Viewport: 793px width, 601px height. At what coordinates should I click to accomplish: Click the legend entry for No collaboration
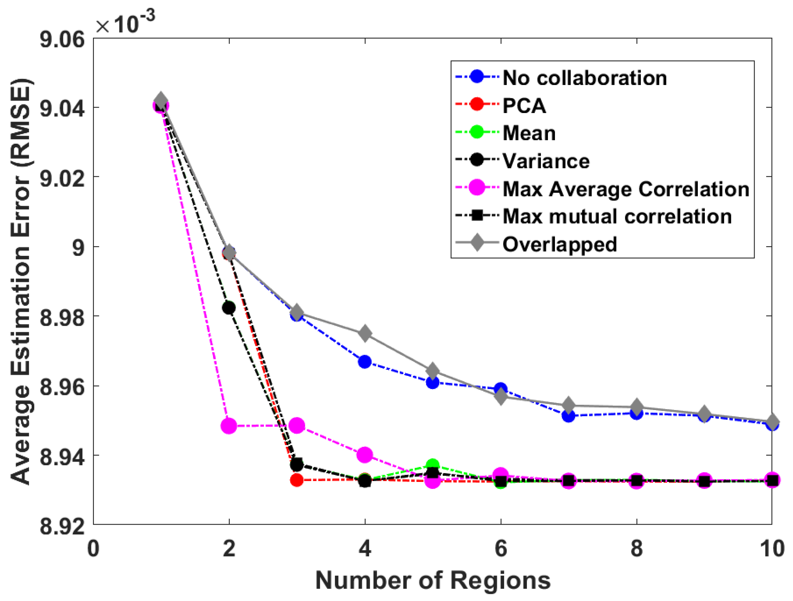click(584, 78)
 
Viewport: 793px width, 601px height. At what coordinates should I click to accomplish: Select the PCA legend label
click(524, 106)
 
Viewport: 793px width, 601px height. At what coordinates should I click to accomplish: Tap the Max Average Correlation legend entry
click(626, 189)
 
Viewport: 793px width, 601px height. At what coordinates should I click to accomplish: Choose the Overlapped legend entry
click(559, 244)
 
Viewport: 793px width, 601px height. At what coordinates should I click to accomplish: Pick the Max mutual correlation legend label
click(617, 217)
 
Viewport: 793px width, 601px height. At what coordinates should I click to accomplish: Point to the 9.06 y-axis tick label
click(62, 39)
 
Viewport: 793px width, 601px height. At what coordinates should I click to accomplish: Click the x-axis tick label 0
click(93, 549)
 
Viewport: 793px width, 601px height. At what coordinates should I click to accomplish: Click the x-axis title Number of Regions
click(433, 581)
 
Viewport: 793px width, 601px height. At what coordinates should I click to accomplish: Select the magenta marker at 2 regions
click(229, 426)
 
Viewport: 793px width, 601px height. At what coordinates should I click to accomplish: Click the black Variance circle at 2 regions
click(229, 308)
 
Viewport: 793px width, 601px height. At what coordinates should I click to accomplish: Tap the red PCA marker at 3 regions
click(296, 480)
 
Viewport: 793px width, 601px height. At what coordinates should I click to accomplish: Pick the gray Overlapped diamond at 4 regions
click(365, 334)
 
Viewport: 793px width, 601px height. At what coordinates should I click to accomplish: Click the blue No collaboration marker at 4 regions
click(365, 362)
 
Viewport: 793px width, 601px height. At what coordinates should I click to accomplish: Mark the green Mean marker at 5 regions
click(433, 465)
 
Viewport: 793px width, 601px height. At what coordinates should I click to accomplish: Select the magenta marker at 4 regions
click(365, 455)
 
